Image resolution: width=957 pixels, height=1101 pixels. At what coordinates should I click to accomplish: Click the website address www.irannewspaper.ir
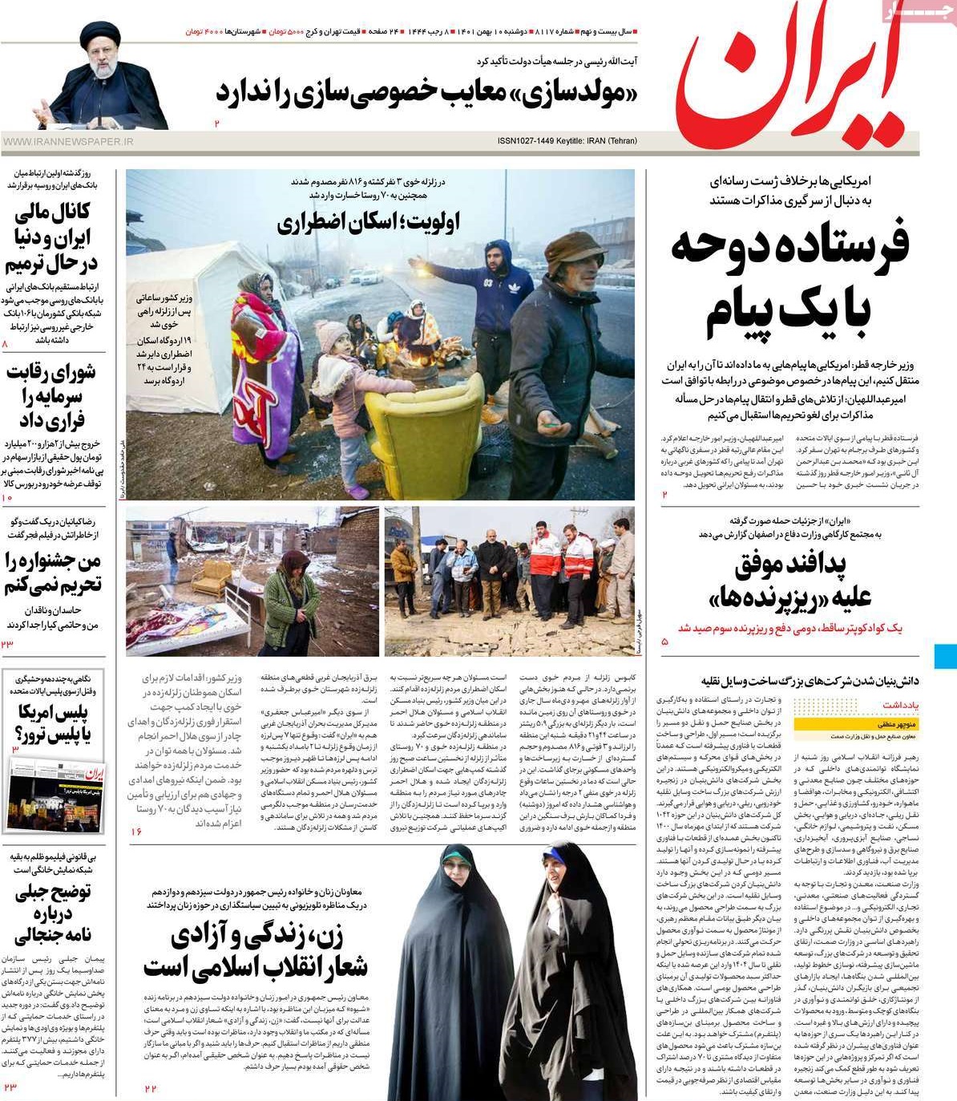68,142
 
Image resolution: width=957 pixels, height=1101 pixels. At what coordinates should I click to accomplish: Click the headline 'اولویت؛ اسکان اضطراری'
369,222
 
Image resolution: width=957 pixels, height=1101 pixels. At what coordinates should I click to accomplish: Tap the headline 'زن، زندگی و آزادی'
256,951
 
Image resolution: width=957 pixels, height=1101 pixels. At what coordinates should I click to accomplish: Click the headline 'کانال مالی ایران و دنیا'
53,237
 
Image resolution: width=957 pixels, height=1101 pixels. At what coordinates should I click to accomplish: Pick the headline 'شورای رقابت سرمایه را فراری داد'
53,395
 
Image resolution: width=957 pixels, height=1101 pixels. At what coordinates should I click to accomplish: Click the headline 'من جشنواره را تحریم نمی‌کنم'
53,573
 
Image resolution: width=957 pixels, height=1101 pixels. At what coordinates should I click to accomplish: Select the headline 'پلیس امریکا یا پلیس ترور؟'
53,723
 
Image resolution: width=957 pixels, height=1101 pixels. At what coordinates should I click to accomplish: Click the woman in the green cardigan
289,601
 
